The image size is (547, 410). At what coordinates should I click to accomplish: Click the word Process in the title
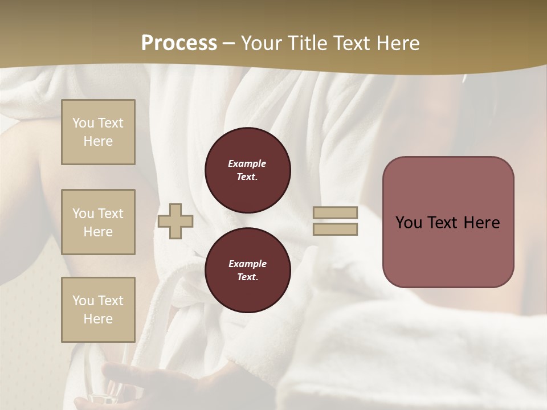pyautogui.click(x=179, y=43)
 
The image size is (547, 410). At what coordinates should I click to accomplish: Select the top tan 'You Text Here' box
pyautogui.click(x=98, y=132)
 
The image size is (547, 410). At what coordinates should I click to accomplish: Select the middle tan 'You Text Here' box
pyautogui.click(x=98, y=222)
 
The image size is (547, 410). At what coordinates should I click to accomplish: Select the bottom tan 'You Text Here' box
pyautogui.click(x=98, y=309)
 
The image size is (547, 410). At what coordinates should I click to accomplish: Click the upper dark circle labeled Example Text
pyautogui.click(x=247, y=170)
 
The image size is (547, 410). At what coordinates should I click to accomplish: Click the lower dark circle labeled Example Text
pyautogui.click(x=247, y=270)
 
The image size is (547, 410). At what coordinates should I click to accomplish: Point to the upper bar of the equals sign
pyautogui.click(x=335, y=213)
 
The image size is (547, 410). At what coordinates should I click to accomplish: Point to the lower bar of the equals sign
pyautogui.click(x=335, y=229)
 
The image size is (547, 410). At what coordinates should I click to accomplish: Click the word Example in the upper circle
pyautogui.click(x=247, y=163)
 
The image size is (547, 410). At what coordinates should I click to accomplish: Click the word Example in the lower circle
pyautogui.click(x=247, y=264)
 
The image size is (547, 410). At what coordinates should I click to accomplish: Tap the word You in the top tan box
pyautogui.click(x=83, y=123)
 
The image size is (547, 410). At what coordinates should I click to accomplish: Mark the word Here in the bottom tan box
pyautogui.click(x=98, y=319)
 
